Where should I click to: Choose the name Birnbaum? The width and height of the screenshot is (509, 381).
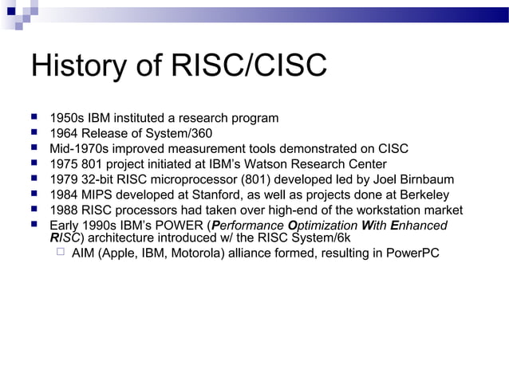coord(425,179)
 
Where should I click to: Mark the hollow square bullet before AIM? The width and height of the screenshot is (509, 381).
coord(58,253)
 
